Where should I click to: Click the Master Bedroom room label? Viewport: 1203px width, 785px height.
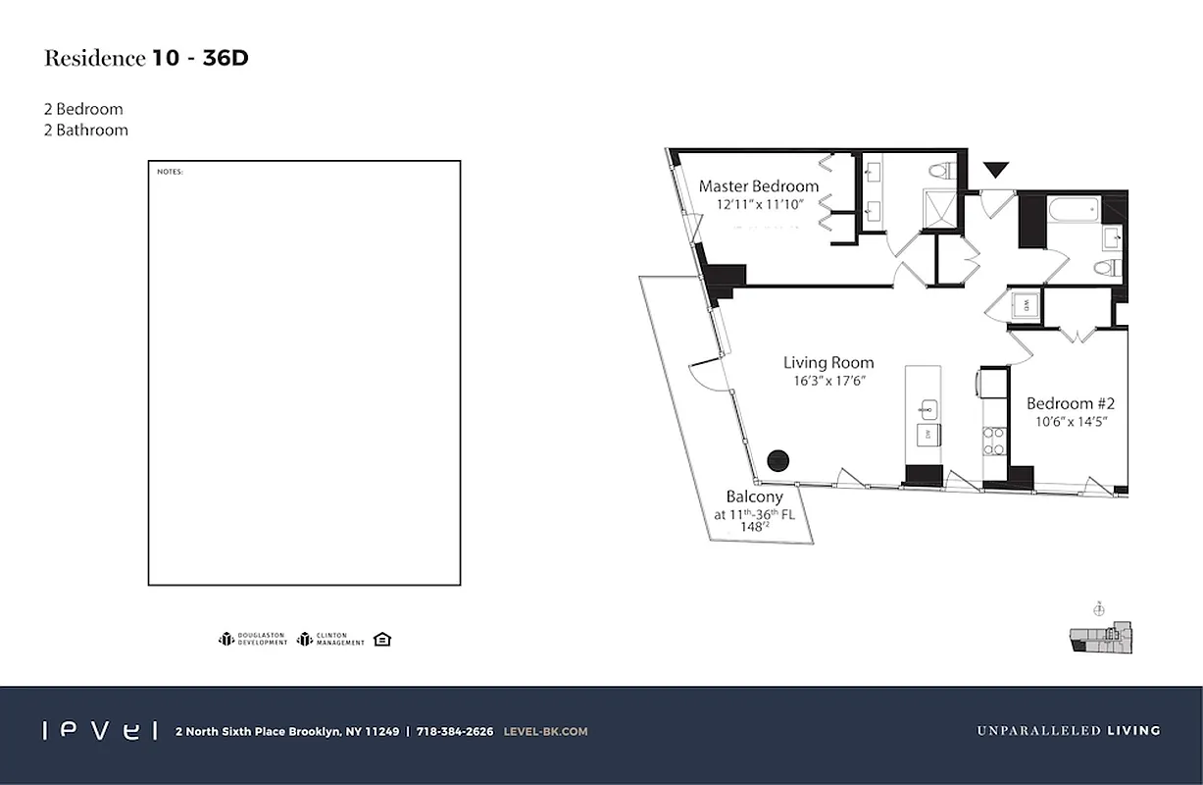tap(758, 185)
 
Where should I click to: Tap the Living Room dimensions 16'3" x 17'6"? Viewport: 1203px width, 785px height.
tap(827, 381)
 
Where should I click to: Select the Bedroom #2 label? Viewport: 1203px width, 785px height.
tap(1071, 403)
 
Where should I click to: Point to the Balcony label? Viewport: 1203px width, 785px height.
tap(754, 497)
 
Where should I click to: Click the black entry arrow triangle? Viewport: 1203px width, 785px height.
tap(996, 170)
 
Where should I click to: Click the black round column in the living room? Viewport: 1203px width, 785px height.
tap(777, 460)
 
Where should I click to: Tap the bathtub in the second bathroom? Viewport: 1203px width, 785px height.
tap(1074, 210)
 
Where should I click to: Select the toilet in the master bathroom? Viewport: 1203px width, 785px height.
tap(941, 171)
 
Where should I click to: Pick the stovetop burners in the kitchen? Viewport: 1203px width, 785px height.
tap(993, 441)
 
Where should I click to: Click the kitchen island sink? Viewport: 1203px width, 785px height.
tap(927, 408)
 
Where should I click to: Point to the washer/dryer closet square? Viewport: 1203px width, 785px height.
tap(1026, 305)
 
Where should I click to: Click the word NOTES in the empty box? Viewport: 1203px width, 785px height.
tap(170, 173)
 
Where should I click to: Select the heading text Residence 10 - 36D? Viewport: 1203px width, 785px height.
tap(146, 58)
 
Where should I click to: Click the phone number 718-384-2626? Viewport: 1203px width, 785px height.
tap(455, 731)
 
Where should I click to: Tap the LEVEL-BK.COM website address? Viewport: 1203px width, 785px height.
tap(545, 731)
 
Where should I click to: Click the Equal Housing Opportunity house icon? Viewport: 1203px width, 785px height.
tap(382, 640)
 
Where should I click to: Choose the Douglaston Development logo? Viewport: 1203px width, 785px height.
tap(253, 640)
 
